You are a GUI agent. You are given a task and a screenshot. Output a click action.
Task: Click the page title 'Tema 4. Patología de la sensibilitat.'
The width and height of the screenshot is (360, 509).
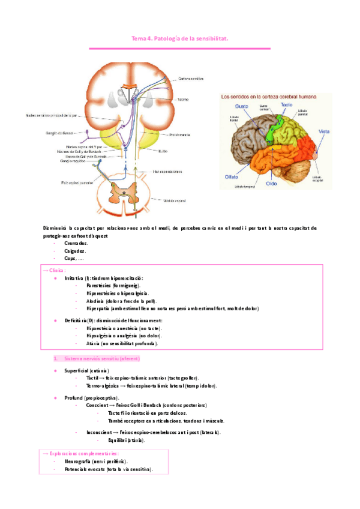[x=180, y=39]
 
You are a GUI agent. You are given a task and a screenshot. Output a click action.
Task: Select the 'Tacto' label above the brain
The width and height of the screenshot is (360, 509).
[x=270, y=104]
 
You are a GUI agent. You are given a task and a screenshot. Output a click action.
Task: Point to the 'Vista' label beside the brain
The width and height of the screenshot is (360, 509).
[x=323, y=131]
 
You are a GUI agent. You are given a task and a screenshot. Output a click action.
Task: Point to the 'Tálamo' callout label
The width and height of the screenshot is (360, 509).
[x=182, y=99]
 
